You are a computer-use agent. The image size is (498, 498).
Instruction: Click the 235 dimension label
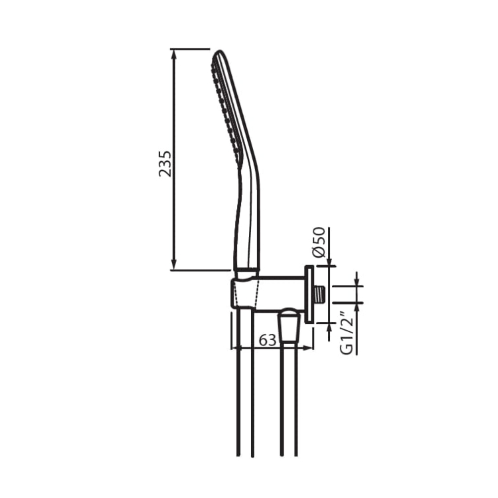(165, 164)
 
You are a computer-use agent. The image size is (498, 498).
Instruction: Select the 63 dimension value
(268, 341)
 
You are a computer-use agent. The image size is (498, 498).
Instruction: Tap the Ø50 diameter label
(319, 242)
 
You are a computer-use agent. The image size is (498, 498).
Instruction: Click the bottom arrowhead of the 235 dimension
(174, 265)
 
